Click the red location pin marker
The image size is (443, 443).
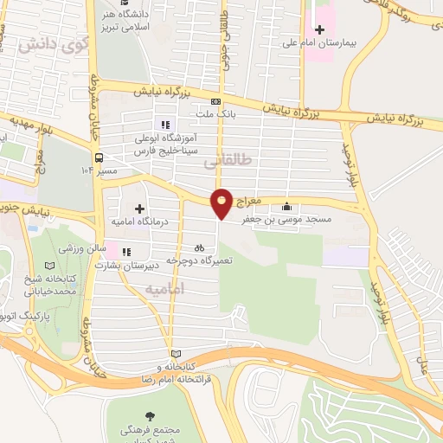tap(222, 202)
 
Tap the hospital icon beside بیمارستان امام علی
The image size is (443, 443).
tap(319, 30)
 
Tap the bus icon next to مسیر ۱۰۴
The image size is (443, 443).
tap(99, 158)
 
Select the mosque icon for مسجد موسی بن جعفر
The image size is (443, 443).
tap(287, 207)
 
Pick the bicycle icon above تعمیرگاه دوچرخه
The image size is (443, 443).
tap(201, 247)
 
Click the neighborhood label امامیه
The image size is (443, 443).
tap(165, 289)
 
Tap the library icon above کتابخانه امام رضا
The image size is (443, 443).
tap(176, 354)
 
